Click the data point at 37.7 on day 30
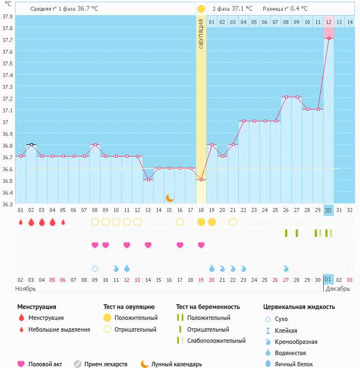[x=329, y=39]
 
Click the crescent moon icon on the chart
[x=169, y=197]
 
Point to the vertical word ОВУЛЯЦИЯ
[x=201, y=34]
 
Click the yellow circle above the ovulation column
[x=201, y=9]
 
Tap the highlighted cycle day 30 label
[x=329, y=210]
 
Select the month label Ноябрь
[x=26, y=289]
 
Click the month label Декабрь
[x=337, y=289]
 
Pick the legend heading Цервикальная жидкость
[x=299, y=306]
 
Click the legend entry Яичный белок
[x=293, y=364]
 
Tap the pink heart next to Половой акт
[x=21, y=364]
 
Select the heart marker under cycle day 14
[x=148, y=245]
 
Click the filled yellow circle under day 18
[x=201, y=222]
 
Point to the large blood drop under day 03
[x=31, y=222]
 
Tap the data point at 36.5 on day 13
[x=148, y=180]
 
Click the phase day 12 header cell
[x=329, y=22]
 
